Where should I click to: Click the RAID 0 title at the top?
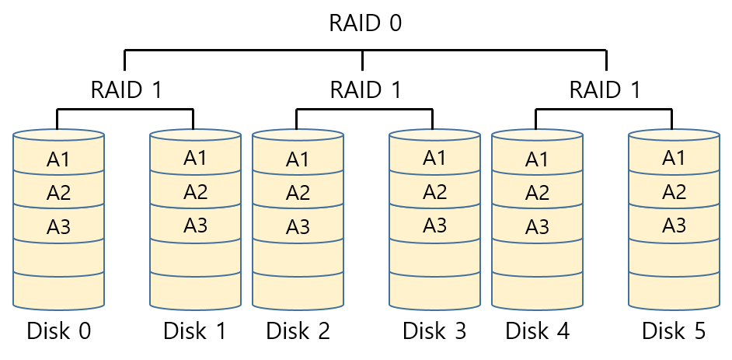pyautogui.click(x=365, y=23)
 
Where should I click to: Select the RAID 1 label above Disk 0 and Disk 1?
pyautogui.click(x=126, y=89)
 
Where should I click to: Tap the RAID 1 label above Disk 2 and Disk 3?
pyautogui.click(x=365, y=89)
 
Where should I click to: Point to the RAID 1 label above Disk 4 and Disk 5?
pyautogui.click(x=605, y=89)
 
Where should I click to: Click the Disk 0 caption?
pyautogui.click(x=59, y=330)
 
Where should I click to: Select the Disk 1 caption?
pyautogui.click(x=195, y=330)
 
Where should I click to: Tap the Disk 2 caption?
pyautogui.click(x=298, y=330)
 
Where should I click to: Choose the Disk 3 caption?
pyautogui.click(x=434, y=330)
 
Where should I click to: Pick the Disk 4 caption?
pyautogui.click(x=538, y=330)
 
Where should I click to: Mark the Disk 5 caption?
pyautogui.click(x=674, y=330)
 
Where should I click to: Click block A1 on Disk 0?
pyautogui.click(x=59, y=159)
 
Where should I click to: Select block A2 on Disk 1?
pyautogui.click(x=195, y=192)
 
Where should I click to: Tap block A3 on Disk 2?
pyautogui.click(x=298, y=227)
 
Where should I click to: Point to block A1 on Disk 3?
pyautogui.click(x=434, y=158)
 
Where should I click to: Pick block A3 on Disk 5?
pyautogui.click(x=674, y=225)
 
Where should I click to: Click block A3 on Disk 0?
pyautogui.click(x=59, y=227)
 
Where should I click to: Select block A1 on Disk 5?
pyautogui.click(x=674, y=158)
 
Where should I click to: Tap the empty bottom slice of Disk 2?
pyautogui.click(x=298, y=290)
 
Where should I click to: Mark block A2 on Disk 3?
pyautogui.click(x=434, y=192)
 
